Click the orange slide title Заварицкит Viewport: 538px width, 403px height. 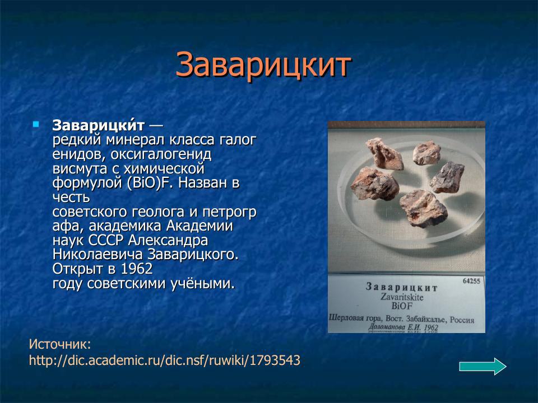click(263, 65)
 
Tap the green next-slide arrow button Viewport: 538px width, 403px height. click(483, 367)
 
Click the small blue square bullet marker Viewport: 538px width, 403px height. click(36, 124)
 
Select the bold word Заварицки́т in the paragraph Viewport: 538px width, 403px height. click(99, 125)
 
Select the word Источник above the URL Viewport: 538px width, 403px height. click(59, 344)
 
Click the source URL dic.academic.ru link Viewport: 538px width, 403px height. click(164, 360)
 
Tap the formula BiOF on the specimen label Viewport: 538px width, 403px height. click(402, 306)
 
